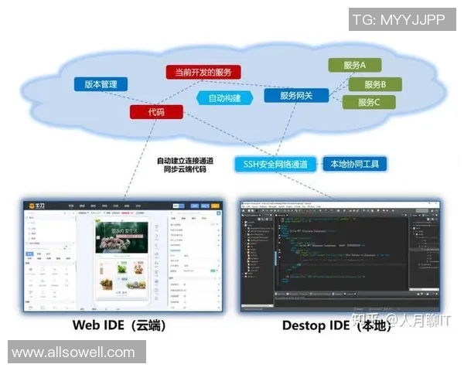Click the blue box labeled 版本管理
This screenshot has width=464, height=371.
pyautogui.click(x=101, y=84)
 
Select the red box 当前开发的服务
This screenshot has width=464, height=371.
pyautogui.click(x=203, y=72)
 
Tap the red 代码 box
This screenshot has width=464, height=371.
pyautogui.click(x=157, y=112)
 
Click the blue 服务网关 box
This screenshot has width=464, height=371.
pyautogui.click(x=296, y=96)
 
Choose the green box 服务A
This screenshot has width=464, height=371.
pyautogui.click(x=353, y=66)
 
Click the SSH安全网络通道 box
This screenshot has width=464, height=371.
pyautogui.click(x=275, y=164)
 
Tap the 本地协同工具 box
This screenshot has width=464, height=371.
pyautogui.click(x=353, y=164)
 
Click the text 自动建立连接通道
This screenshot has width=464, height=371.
pyautogui.click(x=182, y=160)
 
